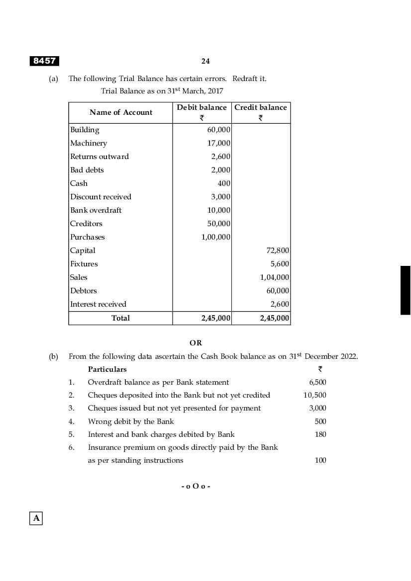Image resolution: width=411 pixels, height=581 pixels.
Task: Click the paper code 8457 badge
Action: (x=44, y=61)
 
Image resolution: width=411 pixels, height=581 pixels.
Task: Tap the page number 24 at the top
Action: (x=205, y=61)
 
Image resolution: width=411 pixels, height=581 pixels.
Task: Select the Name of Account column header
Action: (x=121, y=112)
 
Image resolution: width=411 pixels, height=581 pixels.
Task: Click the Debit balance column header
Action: (x=202, y=107)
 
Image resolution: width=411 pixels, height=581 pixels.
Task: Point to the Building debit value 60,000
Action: (x=218, y=130)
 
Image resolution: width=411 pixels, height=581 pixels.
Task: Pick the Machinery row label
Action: (x=89, y=143)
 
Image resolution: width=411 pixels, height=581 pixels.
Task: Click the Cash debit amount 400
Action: (x=224, y=183)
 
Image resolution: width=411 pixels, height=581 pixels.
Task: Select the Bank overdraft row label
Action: (x=96, y=210)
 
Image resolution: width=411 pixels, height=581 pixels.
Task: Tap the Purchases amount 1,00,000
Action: (x=215, y=237)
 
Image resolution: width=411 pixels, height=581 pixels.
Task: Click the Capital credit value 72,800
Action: (x=278, y=250)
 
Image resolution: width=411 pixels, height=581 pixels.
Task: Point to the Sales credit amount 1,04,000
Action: (x=275, y=277)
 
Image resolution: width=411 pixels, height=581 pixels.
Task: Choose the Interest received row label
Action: (x=98, y=304)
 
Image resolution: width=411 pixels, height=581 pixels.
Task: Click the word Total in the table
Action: (x=120, y=318)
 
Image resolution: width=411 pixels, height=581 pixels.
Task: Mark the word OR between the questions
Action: (x=196, y=343)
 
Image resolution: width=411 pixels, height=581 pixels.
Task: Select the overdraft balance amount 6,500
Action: (x=317, y=382)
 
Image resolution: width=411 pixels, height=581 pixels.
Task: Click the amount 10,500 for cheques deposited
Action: (x=314, y=395)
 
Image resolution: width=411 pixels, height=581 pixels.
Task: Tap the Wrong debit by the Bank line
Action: (x=131, y=421)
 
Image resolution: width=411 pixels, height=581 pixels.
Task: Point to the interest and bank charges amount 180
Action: (x=320, y=434)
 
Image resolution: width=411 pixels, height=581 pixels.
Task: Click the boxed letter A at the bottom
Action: (x=36, y=518)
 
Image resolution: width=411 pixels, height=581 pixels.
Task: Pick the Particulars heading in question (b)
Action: (x=107, y=369)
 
